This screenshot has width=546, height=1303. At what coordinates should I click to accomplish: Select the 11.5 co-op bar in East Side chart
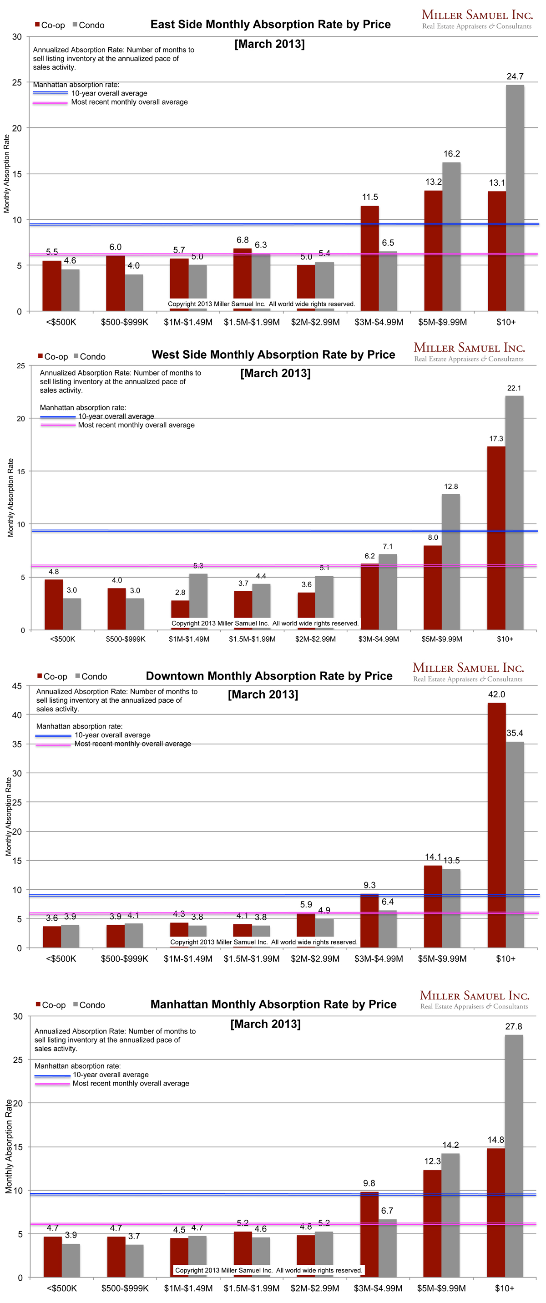click(x=369, y=258)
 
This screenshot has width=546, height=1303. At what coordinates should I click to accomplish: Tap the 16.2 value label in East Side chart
click(x=451, y=154)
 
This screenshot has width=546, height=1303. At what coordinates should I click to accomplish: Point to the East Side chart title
click(x=270, y=24)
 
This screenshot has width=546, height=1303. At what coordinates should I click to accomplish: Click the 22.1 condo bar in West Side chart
click(x=514, y=512)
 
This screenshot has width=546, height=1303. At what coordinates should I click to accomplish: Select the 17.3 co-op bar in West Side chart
click(x=496, y=537)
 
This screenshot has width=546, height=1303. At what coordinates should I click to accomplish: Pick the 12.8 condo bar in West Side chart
click(x=450, y=562)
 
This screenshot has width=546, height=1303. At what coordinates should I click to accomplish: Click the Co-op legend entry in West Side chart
click(x=53, y=357)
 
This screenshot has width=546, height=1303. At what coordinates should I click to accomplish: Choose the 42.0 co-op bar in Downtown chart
click(x=496, y=825)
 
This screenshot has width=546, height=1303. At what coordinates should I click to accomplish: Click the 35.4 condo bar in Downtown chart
click(x=515, y=844)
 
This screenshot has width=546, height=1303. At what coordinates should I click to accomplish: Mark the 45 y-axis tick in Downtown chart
click(x=17, y=686)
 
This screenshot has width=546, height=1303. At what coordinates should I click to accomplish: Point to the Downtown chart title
click(x=269, y=676)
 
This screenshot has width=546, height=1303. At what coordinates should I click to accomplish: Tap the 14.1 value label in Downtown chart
click(x=433, y=857)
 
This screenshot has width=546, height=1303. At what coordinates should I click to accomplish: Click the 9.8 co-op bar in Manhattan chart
click(x=369, y=1234)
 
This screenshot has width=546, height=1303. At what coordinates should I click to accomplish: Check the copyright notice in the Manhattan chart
click(x=268, y=1270)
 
